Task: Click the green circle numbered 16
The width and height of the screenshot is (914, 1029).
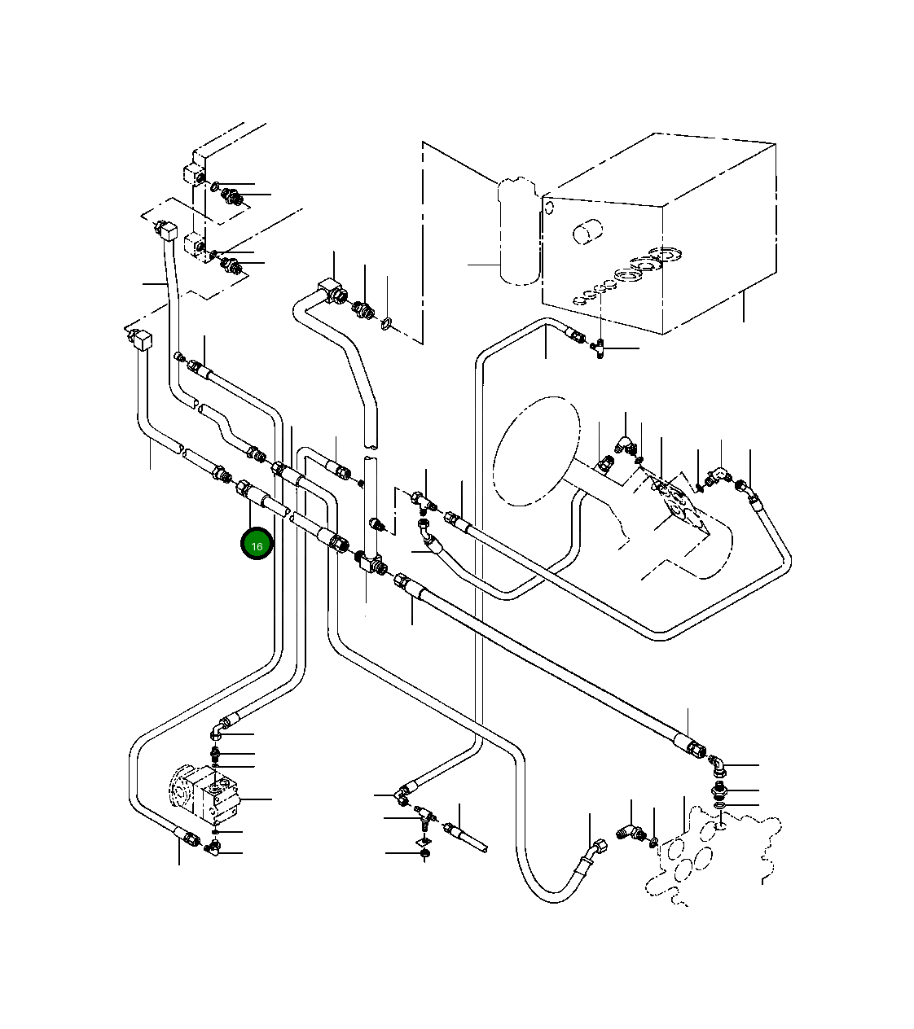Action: coord(257,545)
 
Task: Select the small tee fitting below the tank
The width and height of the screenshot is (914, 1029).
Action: coord(600,348)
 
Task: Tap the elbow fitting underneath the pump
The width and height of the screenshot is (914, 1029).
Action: coord(213,851)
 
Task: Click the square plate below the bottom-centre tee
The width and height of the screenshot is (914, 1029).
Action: coord(424,840)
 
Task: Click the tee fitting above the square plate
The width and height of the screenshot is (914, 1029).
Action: coord(422,815)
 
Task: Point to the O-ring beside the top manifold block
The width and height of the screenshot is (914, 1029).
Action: coord(214,187)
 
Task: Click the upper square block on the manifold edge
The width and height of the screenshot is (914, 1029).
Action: coord(196,174)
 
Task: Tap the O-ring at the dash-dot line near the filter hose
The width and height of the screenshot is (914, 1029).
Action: coord(387,325)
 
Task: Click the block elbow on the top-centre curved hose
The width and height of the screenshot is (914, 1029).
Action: coord(330,288)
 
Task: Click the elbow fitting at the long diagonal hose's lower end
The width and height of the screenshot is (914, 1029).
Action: coord(716,764)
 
